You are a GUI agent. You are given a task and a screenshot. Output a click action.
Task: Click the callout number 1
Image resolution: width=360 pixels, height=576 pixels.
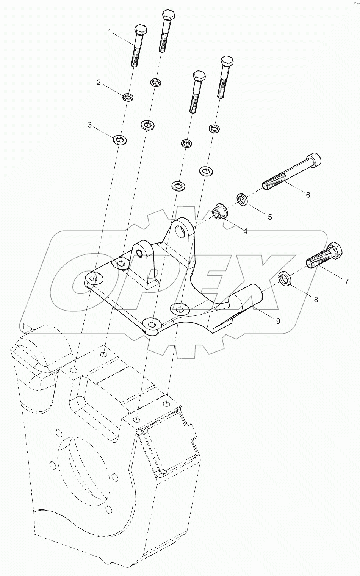pyautogui.click(x=110, y=32)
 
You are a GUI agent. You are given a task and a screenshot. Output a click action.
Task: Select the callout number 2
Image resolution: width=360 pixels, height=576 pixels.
pyautogui.click(x=99, y=82)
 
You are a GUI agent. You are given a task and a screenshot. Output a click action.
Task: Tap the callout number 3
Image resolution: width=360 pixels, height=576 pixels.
pyautogui.click(x=90, y=125)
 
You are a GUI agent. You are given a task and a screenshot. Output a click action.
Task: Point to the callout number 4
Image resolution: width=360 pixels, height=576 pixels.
pyautogui.click(x=245, y=231)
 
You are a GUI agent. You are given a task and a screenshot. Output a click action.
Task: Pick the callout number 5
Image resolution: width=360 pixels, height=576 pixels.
pyautogui.click(x=270, y=217)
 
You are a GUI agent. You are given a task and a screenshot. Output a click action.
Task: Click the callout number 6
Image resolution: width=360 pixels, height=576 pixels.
pyautogui.click(x=308, y=195)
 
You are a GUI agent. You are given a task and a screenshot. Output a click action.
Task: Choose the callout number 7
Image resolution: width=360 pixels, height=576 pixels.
pyautogui.click(x=346, y=281)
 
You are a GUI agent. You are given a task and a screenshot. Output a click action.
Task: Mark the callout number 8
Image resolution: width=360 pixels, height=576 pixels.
pyautogui.click(x=316, y=299)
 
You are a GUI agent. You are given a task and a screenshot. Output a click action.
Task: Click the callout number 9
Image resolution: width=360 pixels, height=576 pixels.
pyautogui.click(x=278, y=321)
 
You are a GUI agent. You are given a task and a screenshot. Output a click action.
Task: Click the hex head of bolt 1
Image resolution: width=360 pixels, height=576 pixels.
pyautogui.click(x=140, y=30)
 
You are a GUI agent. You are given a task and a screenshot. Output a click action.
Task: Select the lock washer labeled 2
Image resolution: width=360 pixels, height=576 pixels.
pyautogui.click(x=128, y=97)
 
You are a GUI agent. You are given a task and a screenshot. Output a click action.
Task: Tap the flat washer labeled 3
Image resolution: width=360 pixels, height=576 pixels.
pyautogui.click(x=120, y=140)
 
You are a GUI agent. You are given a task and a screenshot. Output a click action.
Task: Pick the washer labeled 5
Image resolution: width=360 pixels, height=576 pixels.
pyautogui.click(x=243, y=199)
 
